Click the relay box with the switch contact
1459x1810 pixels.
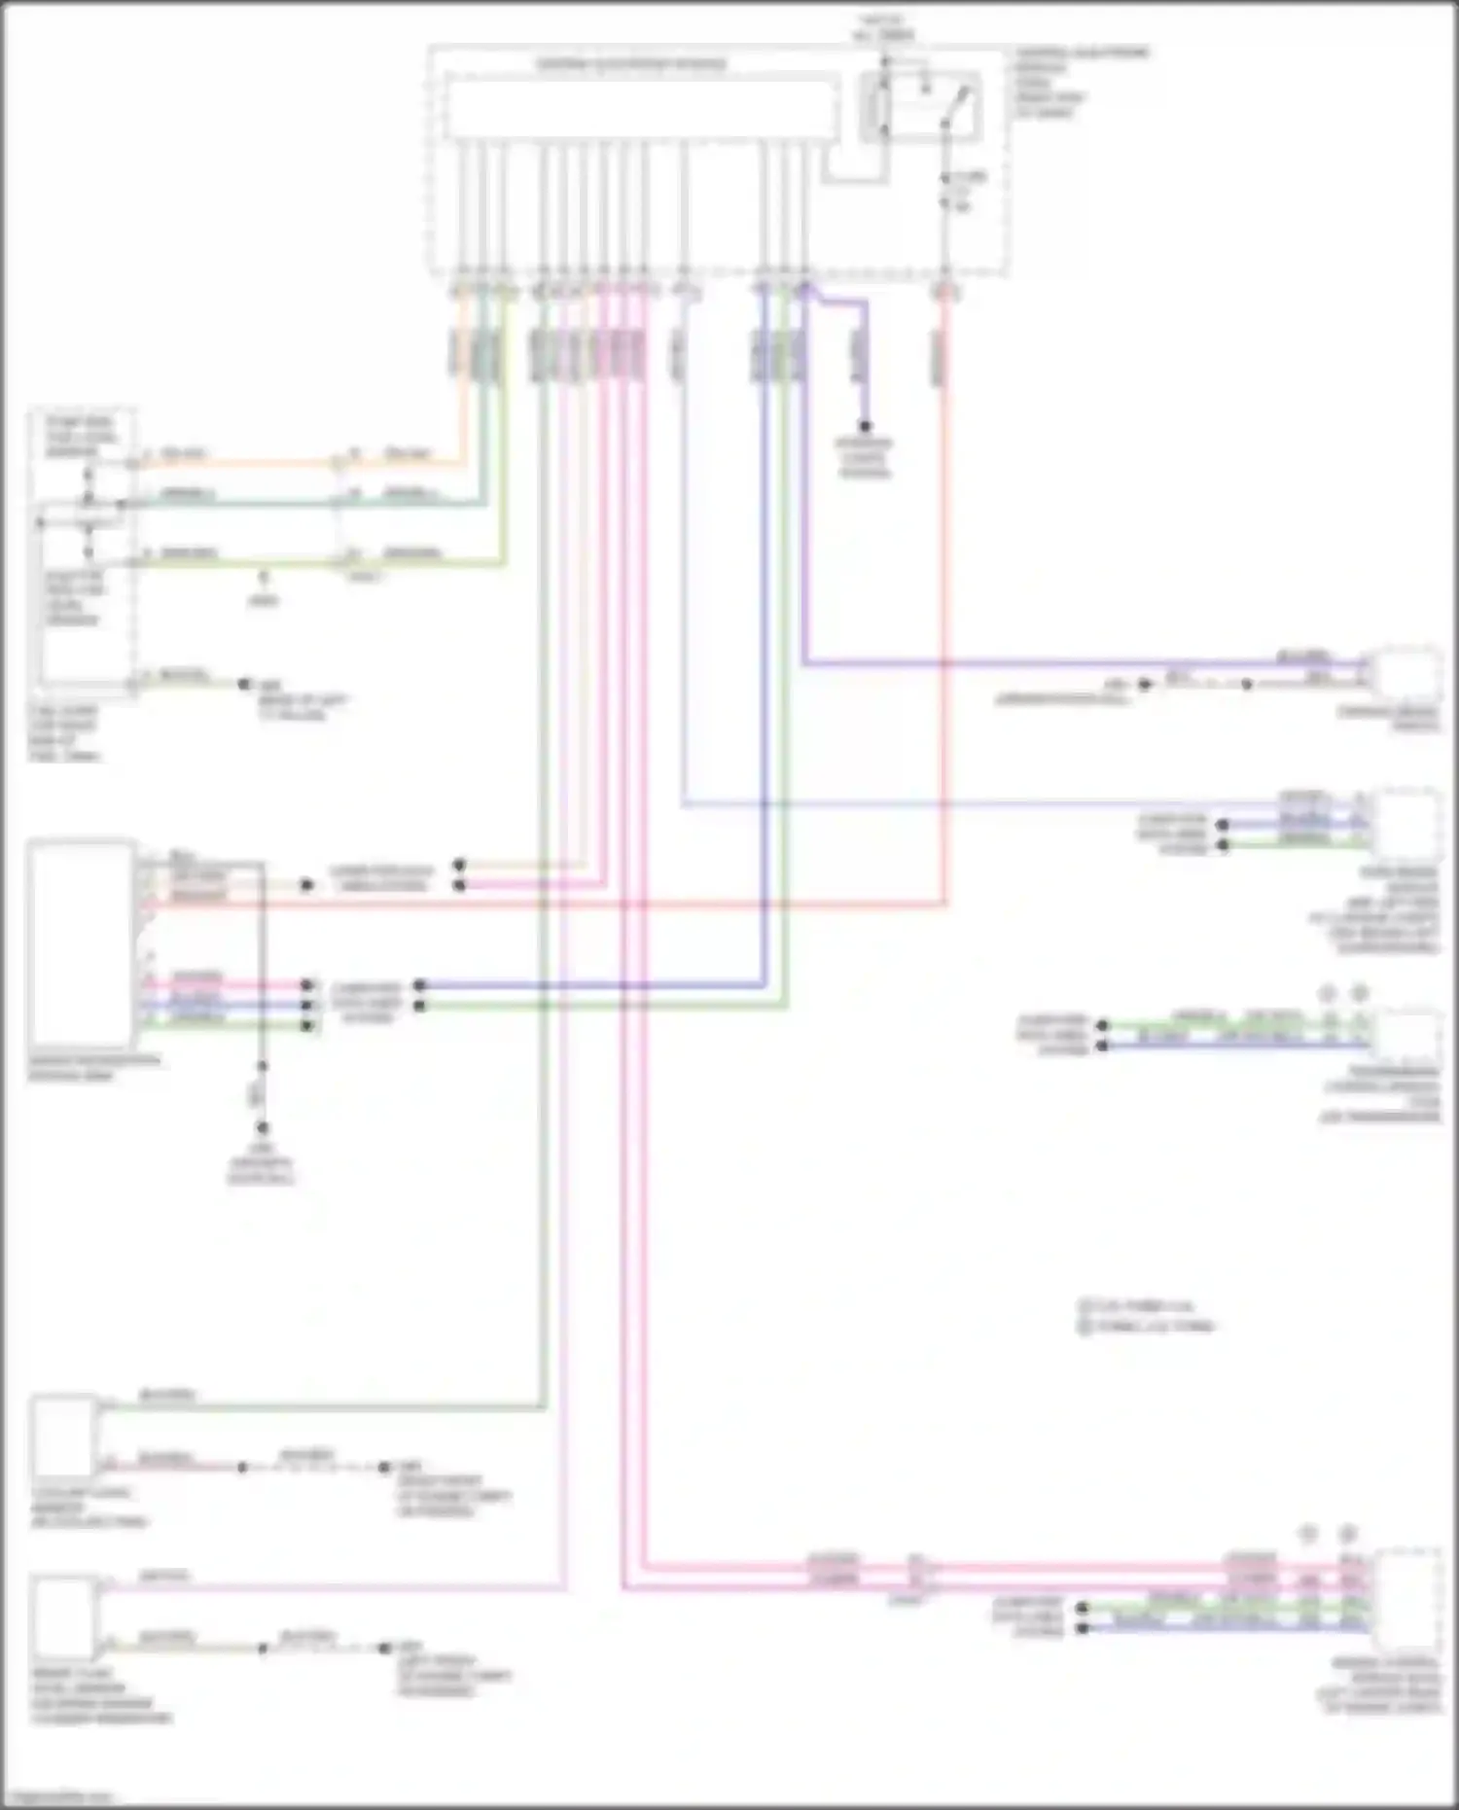[x=919, y=105]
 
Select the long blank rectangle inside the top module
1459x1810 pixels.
[x=642, y=109]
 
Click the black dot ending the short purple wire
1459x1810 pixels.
[x=864, y=426]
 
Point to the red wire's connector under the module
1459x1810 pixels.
[x=944, y=290]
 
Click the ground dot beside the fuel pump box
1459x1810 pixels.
[x=245, y=685]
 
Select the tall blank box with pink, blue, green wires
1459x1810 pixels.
[x=82, y=943]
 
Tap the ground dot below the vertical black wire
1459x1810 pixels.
[x=262, y=1128]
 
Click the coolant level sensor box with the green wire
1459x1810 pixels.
[x=64, y=1436]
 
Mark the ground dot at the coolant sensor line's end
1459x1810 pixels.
[x=385, y=1467]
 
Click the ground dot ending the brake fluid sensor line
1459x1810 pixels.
[x=385, y=1648]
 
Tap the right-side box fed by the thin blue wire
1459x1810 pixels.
[x=1406, y=822]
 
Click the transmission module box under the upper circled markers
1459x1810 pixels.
[x=1406, y=1039]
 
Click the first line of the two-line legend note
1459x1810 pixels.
[x=1138, y=1305]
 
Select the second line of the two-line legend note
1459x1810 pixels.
[x=1148, y=1327]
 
